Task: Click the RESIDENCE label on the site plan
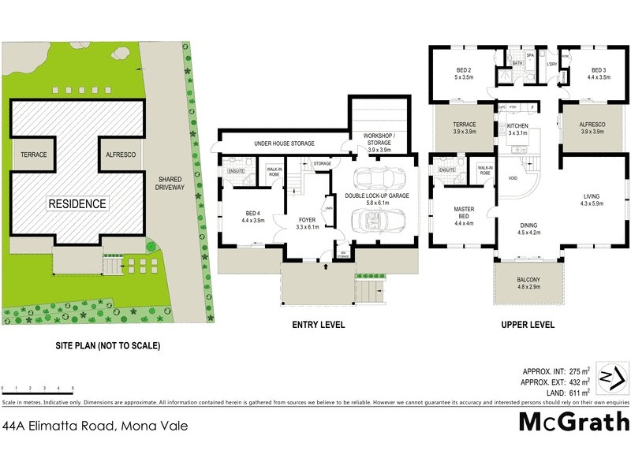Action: pyautogui.click(x=77, y=203)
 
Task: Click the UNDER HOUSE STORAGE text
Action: pyautogui.click(x=284, y=143)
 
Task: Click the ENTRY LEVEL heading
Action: pyautogui.click(x=319, y=325)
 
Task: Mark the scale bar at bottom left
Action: pyautogui.click(x=38, y=389)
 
